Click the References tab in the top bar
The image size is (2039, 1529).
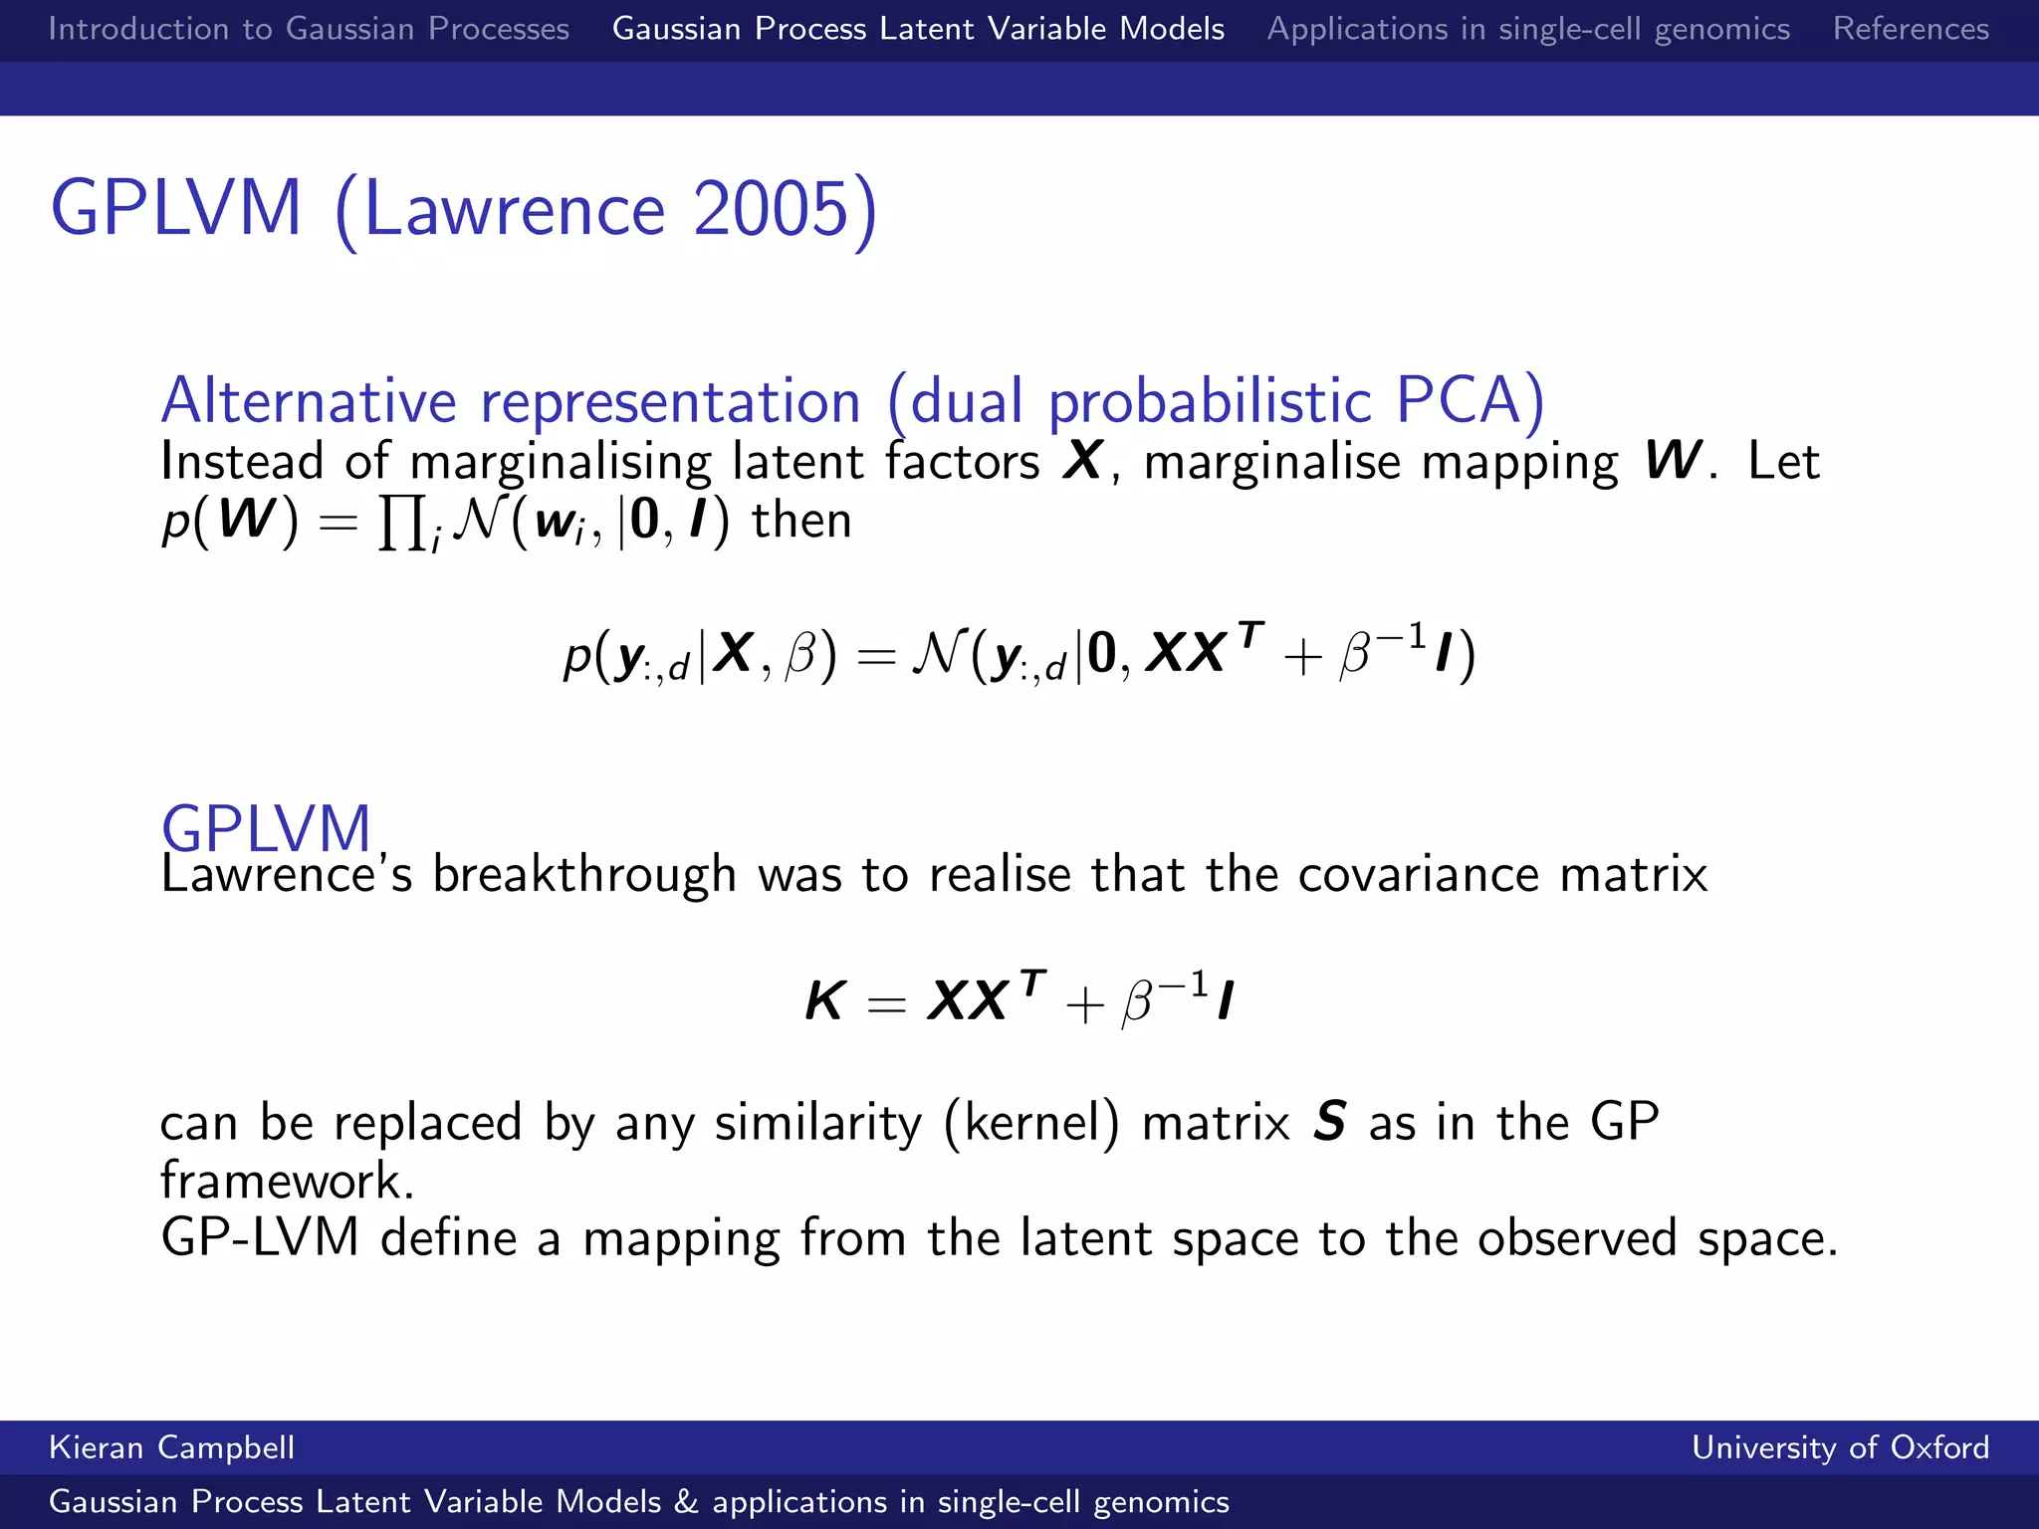1911,29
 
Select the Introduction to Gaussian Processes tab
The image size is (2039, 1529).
309,29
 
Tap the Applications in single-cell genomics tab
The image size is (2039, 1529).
1528,29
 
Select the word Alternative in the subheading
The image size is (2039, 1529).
309,400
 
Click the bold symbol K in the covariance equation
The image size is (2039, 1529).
825,1001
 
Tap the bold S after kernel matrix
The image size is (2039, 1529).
1330,1122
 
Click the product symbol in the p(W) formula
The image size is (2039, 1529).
401,522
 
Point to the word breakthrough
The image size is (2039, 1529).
584,875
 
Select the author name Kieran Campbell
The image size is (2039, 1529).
171,1447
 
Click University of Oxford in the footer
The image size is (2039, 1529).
1840,1447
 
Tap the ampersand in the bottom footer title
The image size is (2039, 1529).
686,1502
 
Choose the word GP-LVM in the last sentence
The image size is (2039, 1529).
260,1239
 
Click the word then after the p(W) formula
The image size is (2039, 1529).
801,521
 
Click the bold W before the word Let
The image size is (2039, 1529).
1673,461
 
